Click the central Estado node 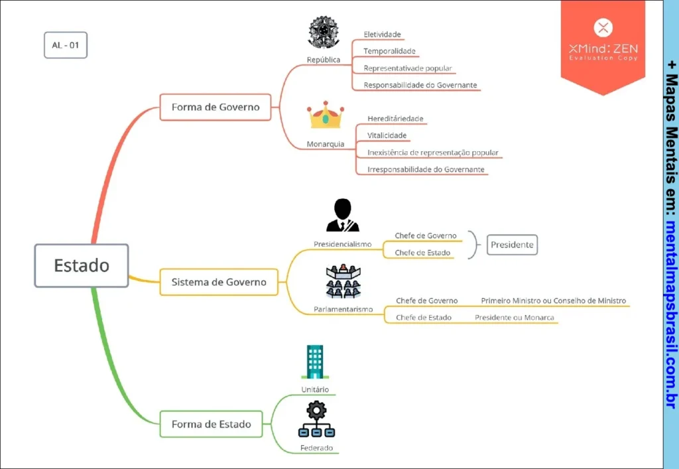click(x=82, y=265)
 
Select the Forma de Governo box click(x=216, y=107)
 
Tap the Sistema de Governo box click(x=219, y=282)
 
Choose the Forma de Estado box click(x=212, y=424)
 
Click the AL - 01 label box click(x=66, y=45)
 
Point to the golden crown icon click(x=325, y=115)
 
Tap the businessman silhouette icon click(x=342, y=215)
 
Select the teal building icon click(x=314, y=362)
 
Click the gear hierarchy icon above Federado click(x=316, y=419)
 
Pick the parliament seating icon click(x=343, y=281)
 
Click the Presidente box click(x=512, y=245)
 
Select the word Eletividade click(x=383, y=34)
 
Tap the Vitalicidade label click(x=387, y=135)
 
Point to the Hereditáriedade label click(x=395, y=119)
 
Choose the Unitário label click(x=315, y=389)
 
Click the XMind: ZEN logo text click(x=603, y=48)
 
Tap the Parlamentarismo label click(x=343, y=309)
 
